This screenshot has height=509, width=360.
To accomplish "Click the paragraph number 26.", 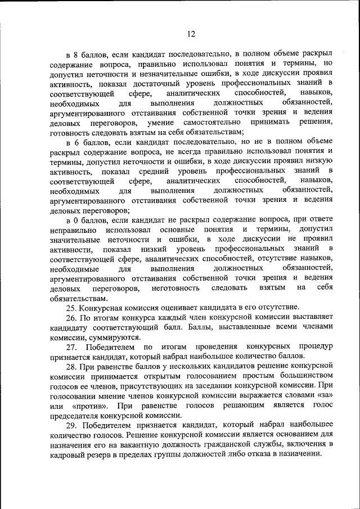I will click(71, 317).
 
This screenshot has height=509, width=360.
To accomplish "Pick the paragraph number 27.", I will click(73, 346).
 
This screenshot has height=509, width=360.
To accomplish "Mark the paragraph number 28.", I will click(71, 366).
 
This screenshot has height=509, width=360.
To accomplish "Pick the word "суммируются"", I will click(113, 337).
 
